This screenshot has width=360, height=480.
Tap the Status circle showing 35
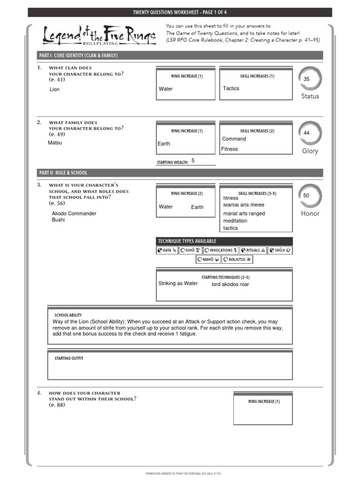[310, 79]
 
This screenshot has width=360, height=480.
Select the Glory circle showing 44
[310, 133]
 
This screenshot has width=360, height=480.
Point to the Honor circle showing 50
[310, 195]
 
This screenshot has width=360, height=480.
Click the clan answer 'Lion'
[55, 89]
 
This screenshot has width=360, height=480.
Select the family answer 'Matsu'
[55, 143]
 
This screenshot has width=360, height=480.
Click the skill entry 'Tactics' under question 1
[231, 88]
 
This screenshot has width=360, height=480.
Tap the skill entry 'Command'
[234, 139]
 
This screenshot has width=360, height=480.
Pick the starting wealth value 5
[193, 161]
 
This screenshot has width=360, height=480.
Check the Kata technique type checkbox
[160, 250]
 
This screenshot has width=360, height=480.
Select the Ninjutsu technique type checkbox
[225, 259]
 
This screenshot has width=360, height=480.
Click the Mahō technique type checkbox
[200, 259]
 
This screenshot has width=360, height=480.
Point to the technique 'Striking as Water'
[178, 283]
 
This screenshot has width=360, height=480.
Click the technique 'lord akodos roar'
[230, 284]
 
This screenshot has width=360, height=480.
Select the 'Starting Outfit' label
[69, 358]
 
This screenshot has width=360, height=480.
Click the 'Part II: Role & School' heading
[63, 172]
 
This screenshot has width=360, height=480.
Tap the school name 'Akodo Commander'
[74, 213]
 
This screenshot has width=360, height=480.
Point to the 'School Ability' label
[68, 315]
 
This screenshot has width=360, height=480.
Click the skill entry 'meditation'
[235, 221]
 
